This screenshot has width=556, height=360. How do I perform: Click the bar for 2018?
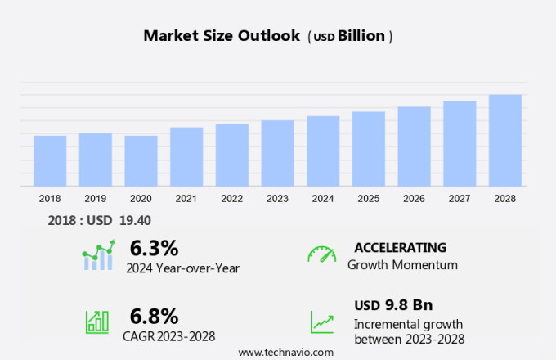tap(50, 161)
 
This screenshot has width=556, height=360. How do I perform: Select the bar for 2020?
tap(141, 161)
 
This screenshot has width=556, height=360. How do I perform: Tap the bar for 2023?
tap(278, 154)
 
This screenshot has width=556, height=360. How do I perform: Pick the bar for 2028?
tap(505, 141)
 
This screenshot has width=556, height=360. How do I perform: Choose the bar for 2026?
tap(415, 146)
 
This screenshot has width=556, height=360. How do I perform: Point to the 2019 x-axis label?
tap(96, 199)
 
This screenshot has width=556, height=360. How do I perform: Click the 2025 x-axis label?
tap(369, 199)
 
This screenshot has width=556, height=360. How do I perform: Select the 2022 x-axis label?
tap(232, 199)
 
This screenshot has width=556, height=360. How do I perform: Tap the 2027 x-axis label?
tap(460, 199)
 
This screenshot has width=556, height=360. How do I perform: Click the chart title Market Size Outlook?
tap(220, 36)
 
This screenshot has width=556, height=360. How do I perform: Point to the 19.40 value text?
tap(135, 220)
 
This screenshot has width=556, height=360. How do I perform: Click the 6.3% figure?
tap(154, 248)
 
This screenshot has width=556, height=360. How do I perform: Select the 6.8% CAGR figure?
tap(154, 315)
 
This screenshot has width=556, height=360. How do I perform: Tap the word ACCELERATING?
tap(400, 247)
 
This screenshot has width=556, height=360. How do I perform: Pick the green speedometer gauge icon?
tap(321, 254)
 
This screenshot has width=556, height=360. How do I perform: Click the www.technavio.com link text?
tap(285, 352)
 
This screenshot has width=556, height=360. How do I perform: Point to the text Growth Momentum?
tap(402, 265)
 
